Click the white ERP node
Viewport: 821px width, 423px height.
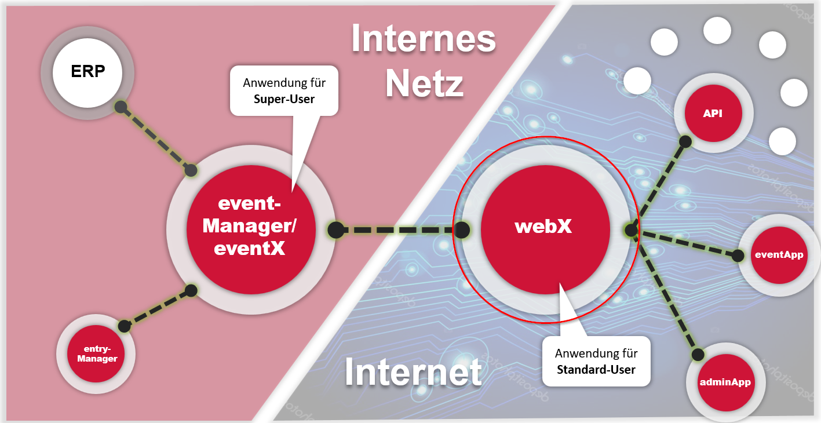click(87, 72)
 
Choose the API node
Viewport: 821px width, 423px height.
click(713, 114)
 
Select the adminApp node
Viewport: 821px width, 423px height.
click(725, 382)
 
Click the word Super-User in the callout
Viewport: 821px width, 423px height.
click(284, 99)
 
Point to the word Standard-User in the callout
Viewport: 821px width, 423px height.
click(596, 369)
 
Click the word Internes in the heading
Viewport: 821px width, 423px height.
click(424, 39)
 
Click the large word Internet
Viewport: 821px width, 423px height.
click(413, 373)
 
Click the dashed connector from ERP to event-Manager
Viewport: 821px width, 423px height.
click(155, 138)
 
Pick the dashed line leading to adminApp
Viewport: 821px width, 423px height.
click(666, 296)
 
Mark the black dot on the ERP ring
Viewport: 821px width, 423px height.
click(120, 107)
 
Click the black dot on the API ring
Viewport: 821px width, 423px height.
click(685, 141)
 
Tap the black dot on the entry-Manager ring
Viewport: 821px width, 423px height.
click(124, 326)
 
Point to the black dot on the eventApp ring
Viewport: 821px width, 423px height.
click(738, 255)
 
